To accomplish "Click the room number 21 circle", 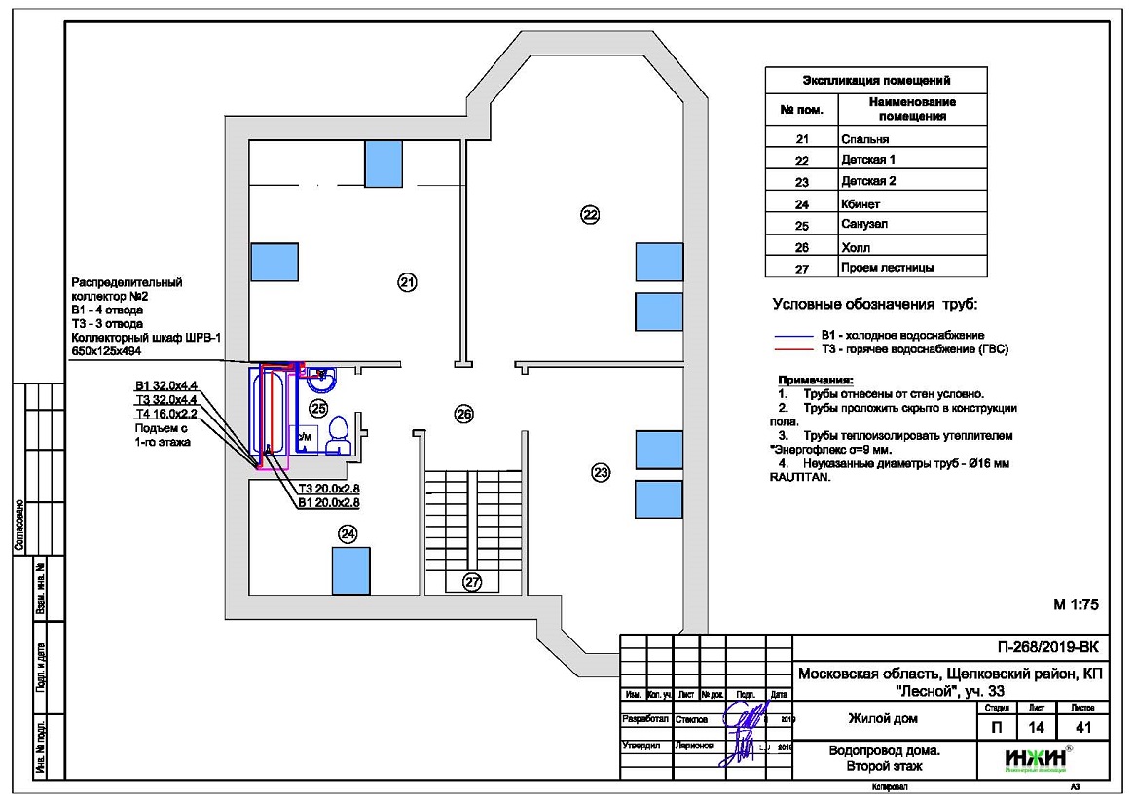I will point(407,282).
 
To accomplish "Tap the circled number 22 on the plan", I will point(589,214).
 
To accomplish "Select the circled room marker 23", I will point(601,473).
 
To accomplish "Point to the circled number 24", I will point(348,533).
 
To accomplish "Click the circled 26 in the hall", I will point(464,414).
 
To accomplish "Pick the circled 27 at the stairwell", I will point(472,581).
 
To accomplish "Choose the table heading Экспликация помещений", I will point(875,80).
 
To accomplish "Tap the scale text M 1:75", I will point(1076,604).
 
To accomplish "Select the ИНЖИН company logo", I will point(1035,757).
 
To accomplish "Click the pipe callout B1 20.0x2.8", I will point(329,503).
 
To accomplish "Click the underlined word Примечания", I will point(814,380).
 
